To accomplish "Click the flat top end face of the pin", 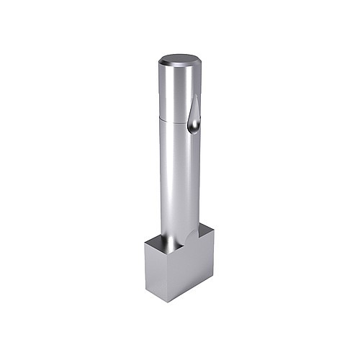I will click(180, 60).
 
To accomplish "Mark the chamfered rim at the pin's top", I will click(179, 68).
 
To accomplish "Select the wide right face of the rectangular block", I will click(194, 266).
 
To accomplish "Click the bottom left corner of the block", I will click(145, 289).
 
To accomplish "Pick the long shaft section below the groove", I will click(176, 180).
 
